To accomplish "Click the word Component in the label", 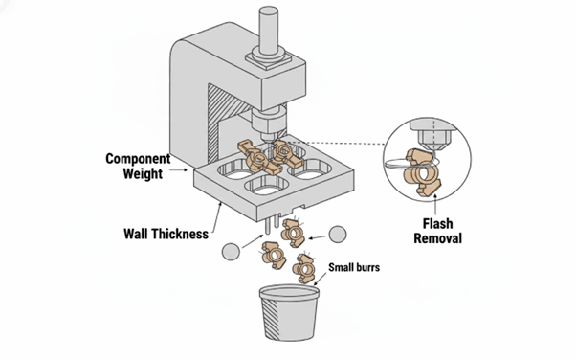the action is coord(138,159).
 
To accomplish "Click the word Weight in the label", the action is coord(143,173).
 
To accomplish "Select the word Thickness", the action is coord(180,234).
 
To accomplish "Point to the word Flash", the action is coord(437,224).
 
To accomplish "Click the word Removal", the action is coord(437,238).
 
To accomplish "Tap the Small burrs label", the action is coord(354,267).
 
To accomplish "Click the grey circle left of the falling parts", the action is coord(231,252).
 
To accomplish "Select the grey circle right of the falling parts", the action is coord(337,235).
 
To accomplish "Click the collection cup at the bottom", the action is coord(289,312).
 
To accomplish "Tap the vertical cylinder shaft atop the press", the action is coord(269,32).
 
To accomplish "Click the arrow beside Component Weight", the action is coord(178,169).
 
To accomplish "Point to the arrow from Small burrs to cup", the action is coord(320,280).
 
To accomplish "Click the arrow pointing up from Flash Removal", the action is coord(435,205).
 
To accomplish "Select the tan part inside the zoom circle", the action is coord(423,172).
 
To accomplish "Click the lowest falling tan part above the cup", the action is coord(303,268).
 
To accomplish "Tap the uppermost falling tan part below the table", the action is coord(293,233).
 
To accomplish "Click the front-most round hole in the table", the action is coord(267,185).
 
